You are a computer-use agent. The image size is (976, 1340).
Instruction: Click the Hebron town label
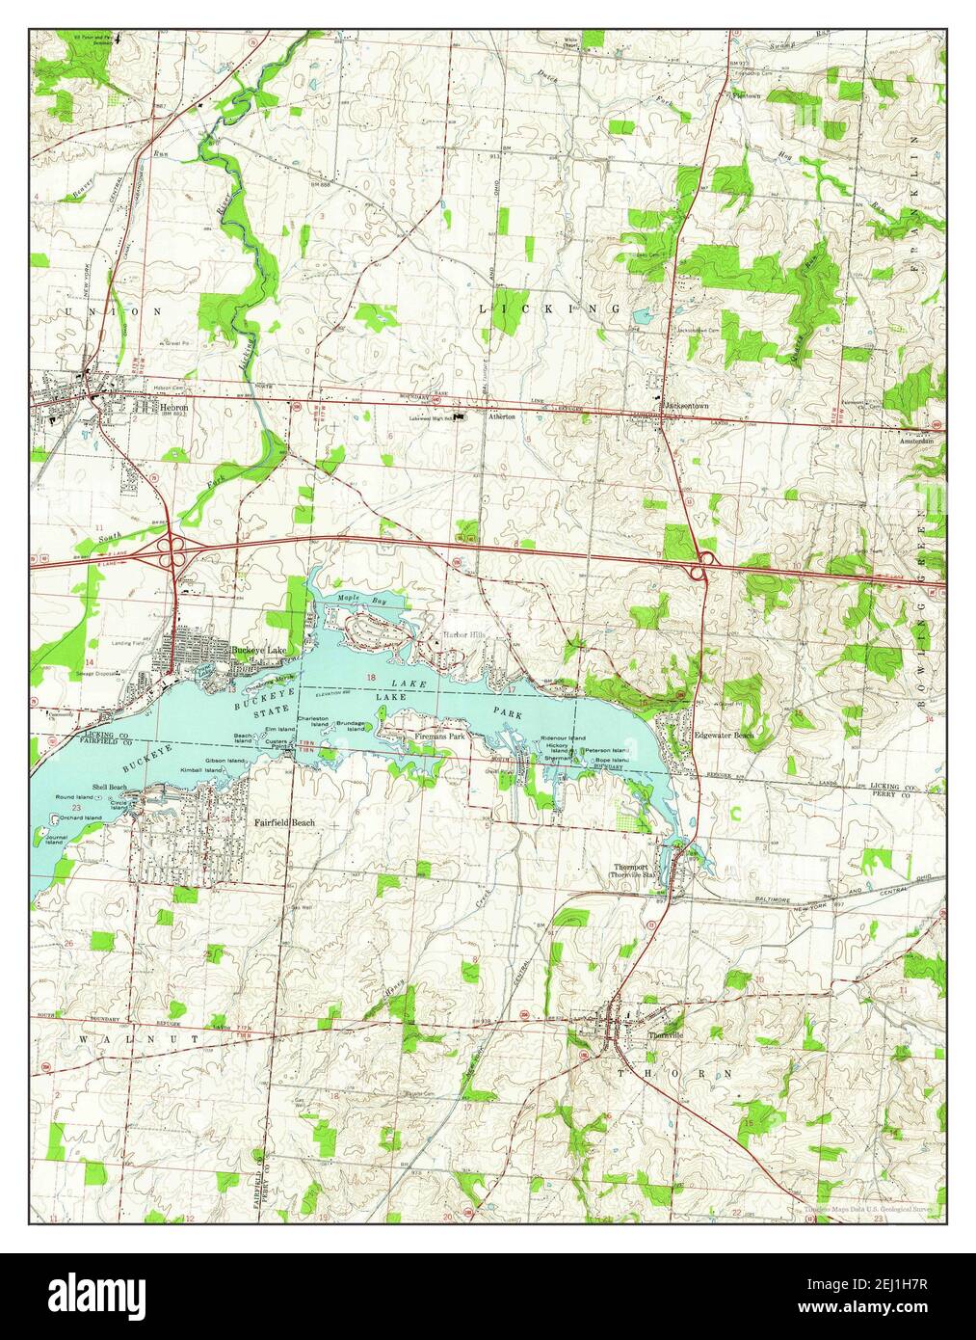(x=174, y=409)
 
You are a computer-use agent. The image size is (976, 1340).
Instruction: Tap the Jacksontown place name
(x=686, y=407)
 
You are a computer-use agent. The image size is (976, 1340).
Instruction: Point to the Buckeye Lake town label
(x=253, y=651)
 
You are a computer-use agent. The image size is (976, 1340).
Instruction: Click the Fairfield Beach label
(x=284, y=823)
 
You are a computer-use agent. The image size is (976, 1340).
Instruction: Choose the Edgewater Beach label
(x=725, y=735)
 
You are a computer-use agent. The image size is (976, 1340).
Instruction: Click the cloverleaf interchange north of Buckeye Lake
(x=174, y=551)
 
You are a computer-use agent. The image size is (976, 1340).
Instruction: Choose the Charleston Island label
(x=314, y=722)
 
